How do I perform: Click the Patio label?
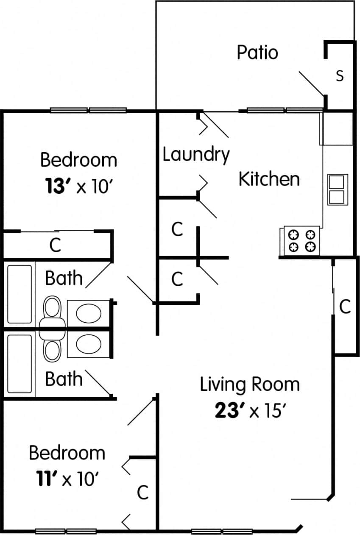point(257,53)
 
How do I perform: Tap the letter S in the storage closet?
point(340,76)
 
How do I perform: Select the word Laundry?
point(196,155)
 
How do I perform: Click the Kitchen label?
point(269,179)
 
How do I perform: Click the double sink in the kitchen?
point(338,189)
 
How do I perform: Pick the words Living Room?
point(249,385)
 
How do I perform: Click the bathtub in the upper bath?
point(20,293)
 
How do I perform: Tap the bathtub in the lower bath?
point(20,363)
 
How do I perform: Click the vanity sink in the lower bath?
point(89,343)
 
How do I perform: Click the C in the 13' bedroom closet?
point(55,245)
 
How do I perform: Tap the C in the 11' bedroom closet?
point(143,493)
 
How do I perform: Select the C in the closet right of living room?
point(345,307)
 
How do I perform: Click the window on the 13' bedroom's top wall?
point(88,110)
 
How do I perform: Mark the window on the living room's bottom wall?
point(222,531)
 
